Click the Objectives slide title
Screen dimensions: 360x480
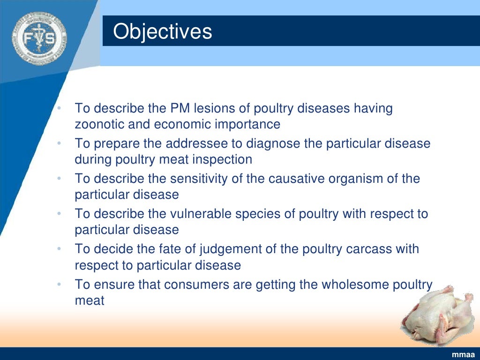[x=163, y=32]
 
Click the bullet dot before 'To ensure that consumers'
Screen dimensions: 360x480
[x=59, y=285]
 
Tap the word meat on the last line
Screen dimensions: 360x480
[x=90, y=300]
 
